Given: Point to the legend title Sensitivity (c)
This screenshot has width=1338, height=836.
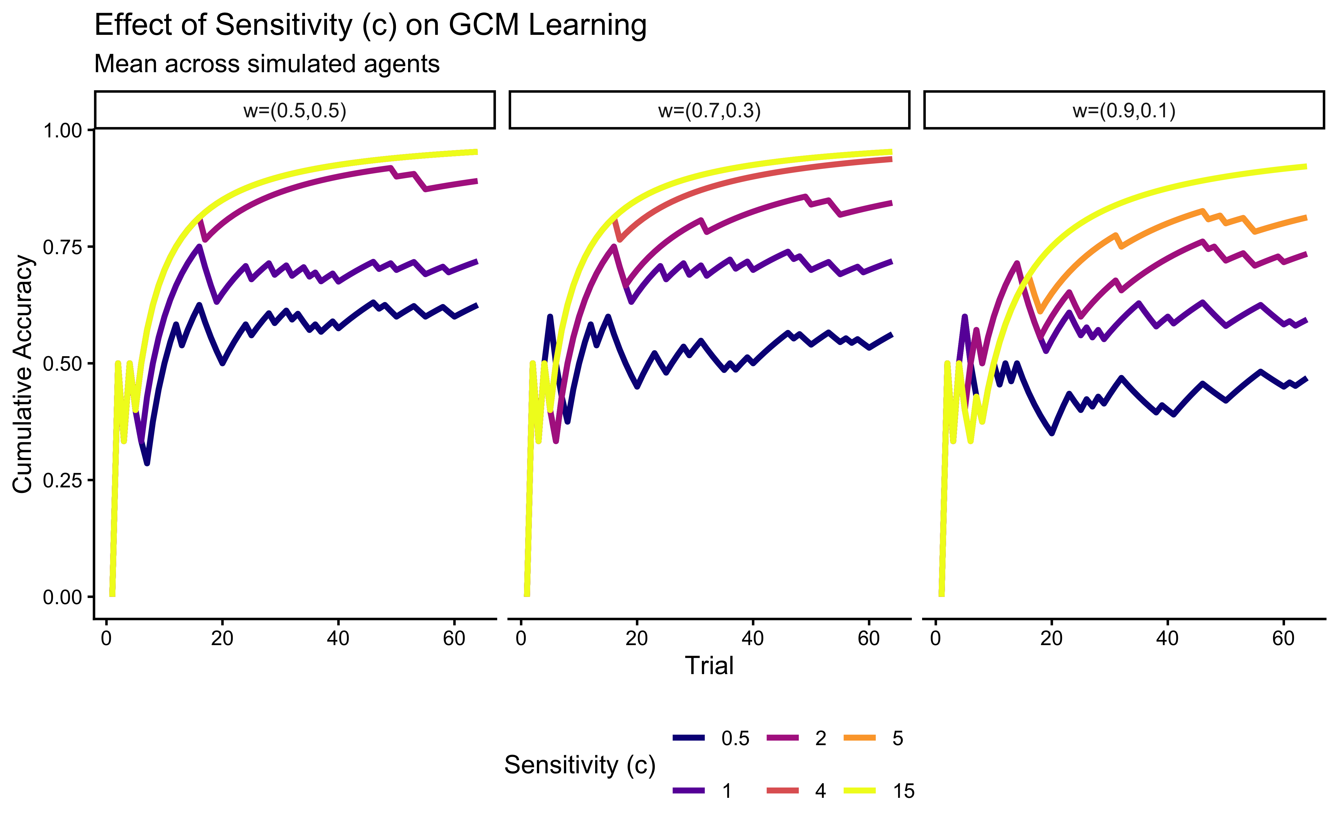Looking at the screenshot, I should pos(580,765).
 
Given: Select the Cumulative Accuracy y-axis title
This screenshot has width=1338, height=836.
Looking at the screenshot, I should pos(23,374).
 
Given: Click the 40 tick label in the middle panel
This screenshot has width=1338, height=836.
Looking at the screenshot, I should pos(753,639).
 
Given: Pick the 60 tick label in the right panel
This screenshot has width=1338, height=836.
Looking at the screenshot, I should pos(1283,639).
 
